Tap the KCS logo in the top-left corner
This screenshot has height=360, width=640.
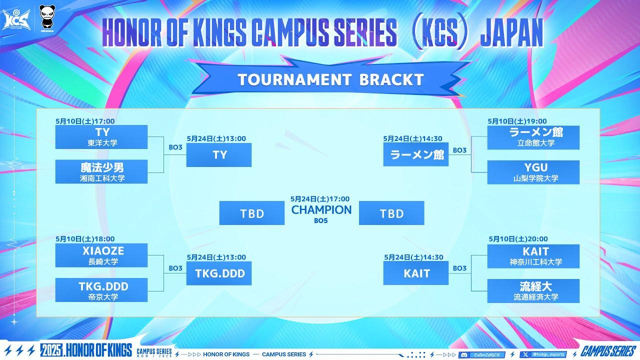[13, 18]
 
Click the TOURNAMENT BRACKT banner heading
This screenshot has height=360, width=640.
[330, 79]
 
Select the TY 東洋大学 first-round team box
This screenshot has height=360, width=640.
[101, 137]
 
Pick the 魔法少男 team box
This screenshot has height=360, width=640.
[101, 172]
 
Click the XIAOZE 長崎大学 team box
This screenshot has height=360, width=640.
[101, 255]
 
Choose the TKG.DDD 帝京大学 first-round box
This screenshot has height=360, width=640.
[101, 290]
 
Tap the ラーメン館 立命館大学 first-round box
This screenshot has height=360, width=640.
[533, 137]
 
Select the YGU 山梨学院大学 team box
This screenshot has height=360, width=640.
[533, 172]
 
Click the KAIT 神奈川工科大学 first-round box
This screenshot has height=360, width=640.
[533, 256]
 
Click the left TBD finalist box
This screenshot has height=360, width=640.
[252, 213]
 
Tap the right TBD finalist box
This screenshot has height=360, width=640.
[391, 213]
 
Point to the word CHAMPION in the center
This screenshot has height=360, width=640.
[321, 210]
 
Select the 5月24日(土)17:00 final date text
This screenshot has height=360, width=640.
[320, 199]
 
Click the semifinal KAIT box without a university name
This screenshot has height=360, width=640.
[416, 273]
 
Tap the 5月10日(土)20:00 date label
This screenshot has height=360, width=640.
[518, 239]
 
